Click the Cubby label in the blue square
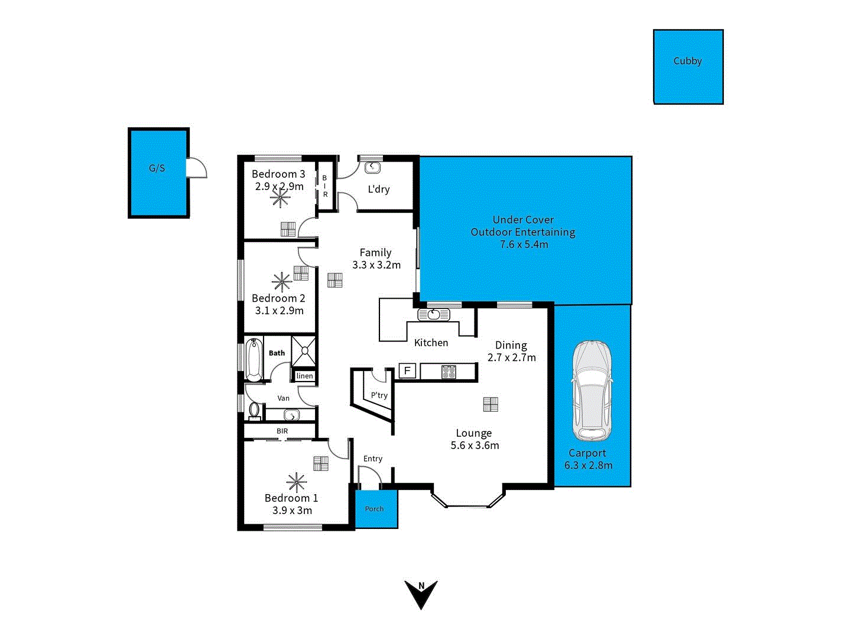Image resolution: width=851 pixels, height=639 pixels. click(687, 61)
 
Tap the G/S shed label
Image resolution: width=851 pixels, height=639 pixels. click(157, 168)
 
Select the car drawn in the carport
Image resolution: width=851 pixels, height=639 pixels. click(592, 390)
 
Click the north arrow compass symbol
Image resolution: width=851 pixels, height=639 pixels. click(421, 593)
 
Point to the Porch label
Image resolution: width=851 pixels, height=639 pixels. click(374, 509)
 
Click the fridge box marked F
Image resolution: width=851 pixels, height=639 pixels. click(407, 371)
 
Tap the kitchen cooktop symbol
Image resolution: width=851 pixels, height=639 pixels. click(449, 372)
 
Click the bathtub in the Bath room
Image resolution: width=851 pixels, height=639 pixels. click(254, 359)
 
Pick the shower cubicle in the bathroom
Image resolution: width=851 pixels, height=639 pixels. click(304, 351)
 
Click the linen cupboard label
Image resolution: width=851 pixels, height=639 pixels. click(305, 376)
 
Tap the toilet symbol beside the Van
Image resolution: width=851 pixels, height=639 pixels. click(255, 409)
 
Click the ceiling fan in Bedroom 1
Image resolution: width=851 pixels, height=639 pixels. click(296, 482)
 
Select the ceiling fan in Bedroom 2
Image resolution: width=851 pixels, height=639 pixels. click(282, 282)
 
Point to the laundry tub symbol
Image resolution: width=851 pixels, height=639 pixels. click(372, 168)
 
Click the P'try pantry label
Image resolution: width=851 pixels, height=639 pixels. click(379, 395)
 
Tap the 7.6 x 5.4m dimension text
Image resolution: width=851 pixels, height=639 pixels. click(524, 244)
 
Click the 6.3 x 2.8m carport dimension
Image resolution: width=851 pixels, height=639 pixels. click(588, 465)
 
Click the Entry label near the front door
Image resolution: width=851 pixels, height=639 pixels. click(373, 459)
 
